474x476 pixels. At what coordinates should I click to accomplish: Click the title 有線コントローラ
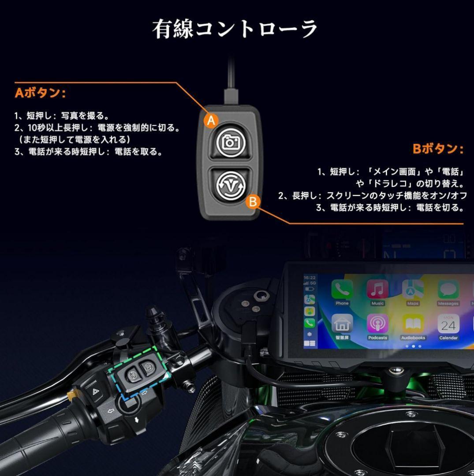pyautogui.click(x=235, y=29)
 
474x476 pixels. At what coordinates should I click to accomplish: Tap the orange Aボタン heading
pyautogui.click(x=40, y=93)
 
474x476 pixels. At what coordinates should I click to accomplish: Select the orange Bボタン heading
pyautogui.click(x=438, y=149)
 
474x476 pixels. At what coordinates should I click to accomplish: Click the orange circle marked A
pyautogui.click(x=212, y=120)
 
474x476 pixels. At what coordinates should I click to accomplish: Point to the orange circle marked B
pyautogui.click(x=253, y=202)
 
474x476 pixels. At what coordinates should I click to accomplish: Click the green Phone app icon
pyautogui.click(x=342, y=290)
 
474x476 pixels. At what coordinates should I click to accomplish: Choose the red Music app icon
pyautogui.click(x=377, y=290)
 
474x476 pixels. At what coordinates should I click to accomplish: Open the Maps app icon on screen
pyautogui.click(x=413, y=290)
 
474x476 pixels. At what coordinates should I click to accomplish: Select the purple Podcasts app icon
pyautogui.click(x=377, y=325)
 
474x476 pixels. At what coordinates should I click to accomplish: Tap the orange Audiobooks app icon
pyautogui.click(x=413, y=325)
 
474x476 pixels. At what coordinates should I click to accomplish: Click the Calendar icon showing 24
pyautogui.click(x=448, y=325)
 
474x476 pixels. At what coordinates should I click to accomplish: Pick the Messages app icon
pyautogui.click(x=448, y=290)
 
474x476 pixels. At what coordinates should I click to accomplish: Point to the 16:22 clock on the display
pyautogui.click(x=310, y=278)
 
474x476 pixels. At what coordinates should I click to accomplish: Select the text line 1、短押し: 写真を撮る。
pyautogui.click(x=62, y=116)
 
